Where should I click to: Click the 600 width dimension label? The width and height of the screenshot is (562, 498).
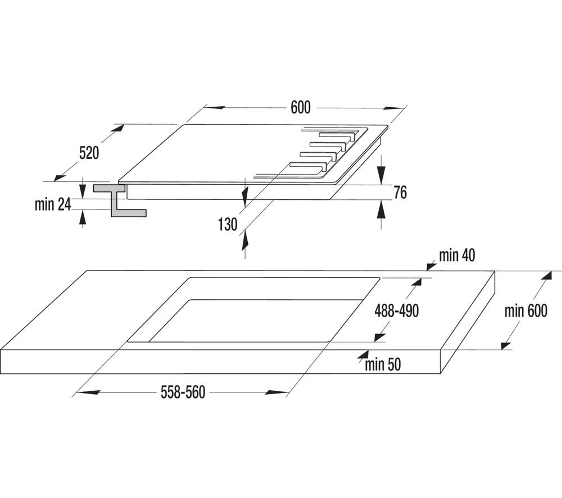(300, 107)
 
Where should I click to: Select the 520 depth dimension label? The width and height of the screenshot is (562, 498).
(89, 153)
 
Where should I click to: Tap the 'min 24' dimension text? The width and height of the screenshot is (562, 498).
(53, 204)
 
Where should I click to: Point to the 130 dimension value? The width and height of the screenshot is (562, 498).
(228, 225)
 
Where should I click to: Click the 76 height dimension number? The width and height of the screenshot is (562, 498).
(400, 192)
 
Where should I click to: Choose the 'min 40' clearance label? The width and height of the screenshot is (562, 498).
(457, 255)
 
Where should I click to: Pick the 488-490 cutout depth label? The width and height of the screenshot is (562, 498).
(396, 310)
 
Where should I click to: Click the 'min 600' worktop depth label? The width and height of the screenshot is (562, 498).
(526, 310)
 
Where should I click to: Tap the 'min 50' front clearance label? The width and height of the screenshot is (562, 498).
(383, 364)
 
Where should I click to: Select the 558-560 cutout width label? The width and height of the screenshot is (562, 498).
(183, 392)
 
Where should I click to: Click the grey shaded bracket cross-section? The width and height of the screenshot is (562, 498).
(115, 200)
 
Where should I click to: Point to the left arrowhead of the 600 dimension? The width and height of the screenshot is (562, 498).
(215, 107)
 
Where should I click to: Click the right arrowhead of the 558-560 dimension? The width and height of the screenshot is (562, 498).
(276, 392)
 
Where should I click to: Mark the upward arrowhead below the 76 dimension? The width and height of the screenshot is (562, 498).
(382, 209)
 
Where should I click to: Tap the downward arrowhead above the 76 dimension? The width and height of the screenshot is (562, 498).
(382, 176)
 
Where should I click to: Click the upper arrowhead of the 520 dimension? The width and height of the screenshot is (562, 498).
(118, 129)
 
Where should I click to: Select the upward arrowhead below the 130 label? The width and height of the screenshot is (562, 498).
(245, 241)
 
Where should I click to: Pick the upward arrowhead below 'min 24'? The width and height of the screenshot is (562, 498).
(83, 218)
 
